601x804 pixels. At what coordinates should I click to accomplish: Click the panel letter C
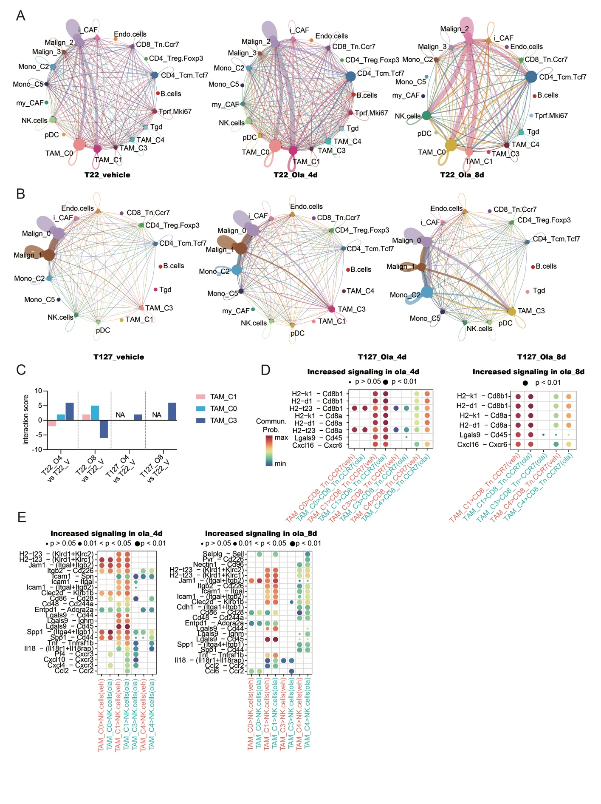click(x=21, y=369)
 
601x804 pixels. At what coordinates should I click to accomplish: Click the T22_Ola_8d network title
click(x=462, y=175)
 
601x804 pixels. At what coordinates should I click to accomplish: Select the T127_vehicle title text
click(x=119, y=357)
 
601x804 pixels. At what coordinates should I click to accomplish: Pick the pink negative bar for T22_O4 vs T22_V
click(x=52, y=423)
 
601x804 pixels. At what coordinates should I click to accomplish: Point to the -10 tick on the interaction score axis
click(x=38, y=449)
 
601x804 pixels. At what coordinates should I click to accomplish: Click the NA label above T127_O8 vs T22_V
click(x=157, y=415)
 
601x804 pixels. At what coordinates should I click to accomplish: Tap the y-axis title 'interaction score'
click(x=26, y=420)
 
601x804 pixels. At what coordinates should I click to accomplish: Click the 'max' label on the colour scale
click(x=282, y=437)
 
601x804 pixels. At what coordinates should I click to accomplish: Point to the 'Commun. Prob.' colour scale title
click(x=271, y=425)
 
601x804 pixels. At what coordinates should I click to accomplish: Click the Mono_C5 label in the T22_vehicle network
click(x=28, y=84)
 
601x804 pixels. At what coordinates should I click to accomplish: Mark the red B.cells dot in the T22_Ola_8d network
click(x=534, y=96)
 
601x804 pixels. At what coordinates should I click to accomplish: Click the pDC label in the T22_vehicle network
click(x=52, y=135)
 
